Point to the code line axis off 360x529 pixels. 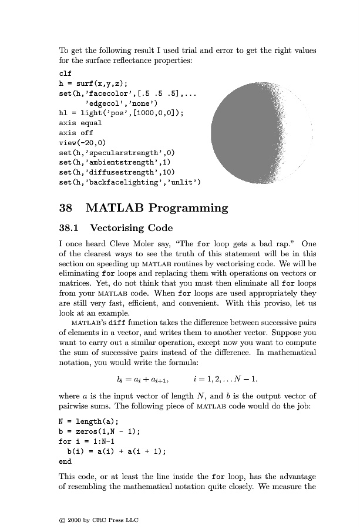point(78,133)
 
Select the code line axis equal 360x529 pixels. point(80,123)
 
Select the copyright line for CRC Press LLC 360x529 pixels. point(97,520)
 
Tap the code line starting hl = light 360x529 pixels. point(117,113)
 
